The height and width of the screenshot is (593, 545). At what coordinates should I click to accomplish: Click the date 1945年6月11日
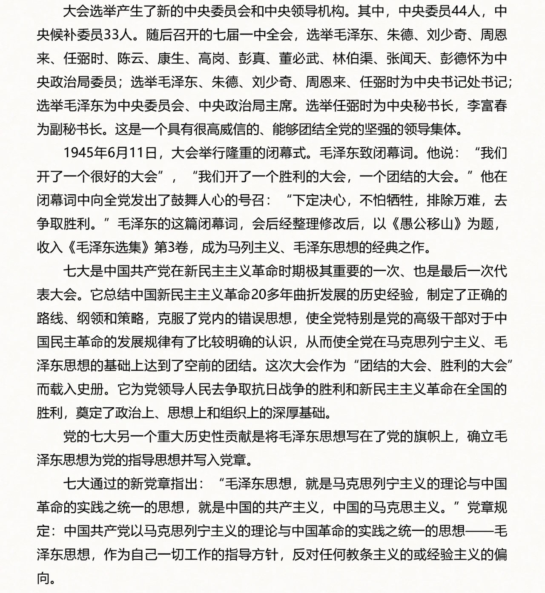(111, 153)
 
